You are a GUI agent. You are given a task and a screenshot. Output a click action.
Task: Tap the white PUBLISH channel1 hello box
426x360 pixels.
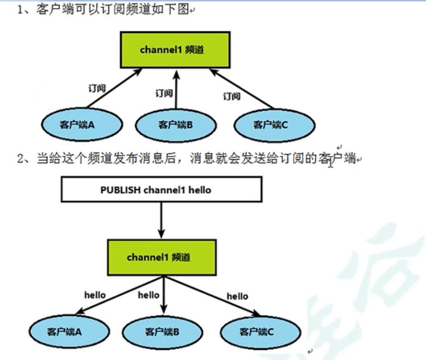coord(161,189)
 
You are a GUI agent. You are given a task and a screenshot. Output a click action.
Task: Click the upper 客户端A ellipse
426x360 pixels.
coord(82,125)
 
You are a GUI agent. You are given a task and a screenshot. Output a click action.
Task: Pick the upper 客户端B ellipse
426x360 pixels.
coord(175,125)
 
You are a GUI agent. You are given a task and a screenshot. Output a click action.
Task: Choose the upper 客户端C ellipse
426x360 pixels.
coord(274,125)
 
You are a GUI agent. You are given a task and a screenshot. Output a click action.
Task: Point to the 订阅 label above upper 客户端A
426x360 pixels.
coord(97,89)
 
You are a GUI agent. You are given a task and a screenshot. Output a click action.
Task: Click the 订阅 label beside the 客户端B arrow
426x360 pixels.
coord(164,93)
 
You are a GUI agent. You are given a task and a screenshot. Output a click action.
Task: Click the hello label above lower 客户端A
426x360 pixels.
coord(95,294)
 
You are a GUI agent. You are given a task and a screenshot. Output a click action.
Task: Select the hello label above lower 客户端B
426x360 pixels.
coord(149,295)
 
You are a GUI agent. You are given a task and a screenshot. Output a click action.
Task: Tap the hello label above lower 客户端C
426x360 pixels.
coord(237,296)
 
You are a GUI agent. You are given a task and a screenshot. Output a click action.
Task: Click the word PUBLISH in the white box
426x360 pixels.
coord(121,189)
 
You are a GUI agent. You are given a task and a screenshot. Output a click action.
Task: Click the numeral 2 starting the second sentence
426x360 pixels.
coord(21,158)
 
